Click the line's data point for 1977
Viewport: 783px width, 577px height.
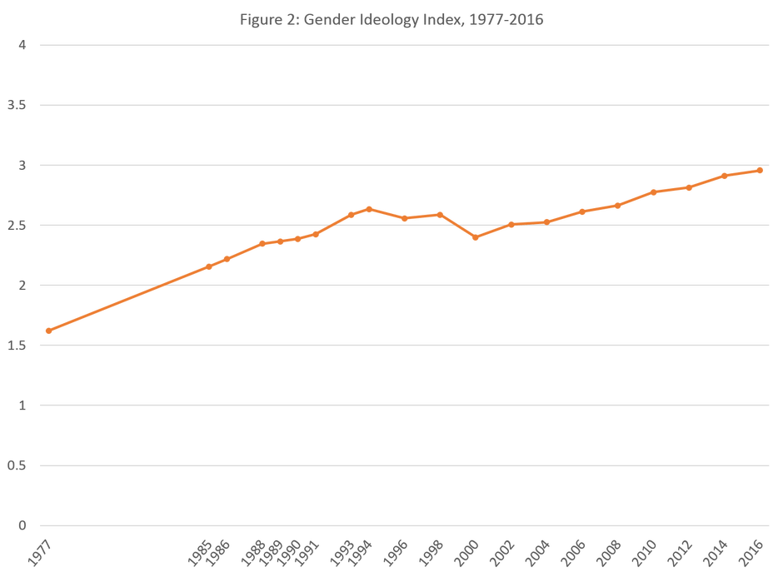tap(48, 331)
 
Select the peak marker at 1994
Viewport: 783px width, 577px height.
tap(368, 208)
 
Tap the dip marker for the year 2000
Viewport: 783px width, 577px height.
tap(475, 238)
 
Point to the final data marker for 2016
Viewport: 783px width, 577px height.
tap(760, 171)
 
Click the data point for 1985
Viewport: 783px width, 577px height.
tap(208, 266)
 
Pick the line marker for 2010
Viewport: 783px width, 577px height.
tap(653, 192)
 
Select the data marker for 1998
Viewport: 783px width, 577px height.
tap(439, 214)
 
